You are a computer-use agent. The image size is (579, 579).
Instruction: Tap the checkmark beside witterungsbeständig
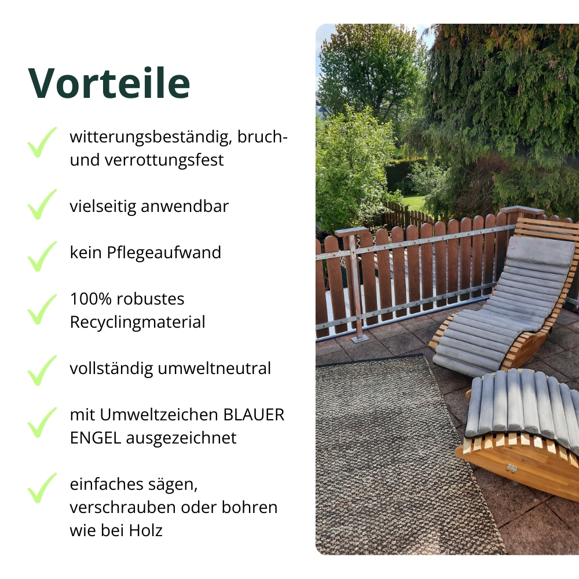(x=42, y=142)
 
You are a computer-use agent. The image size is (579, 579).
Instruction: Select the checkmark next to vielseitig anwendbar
(x=42, y=204)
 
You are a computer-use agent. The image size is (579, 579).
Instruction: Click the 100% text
(x=90, y=299)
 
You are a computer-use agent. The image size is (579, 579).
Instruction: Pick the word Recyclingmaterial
(x=137, y=322)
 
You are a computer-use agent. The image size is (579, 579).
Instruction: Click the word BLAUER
(x=254, y=415)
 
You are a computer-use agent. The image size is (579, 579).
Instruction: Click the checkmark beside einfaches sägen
(x=42, y=488)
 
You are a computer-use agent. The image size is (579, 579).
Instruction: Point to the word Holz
(x=144, y=530)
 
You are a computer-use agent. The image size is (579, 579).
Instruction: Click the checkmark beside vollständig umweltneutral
(x=42, y=371)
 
